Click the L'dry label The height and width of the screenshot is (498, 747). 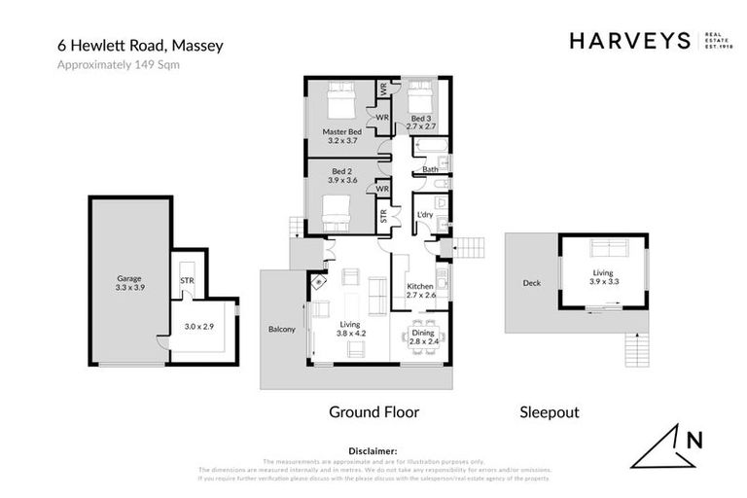[x=425, y=214]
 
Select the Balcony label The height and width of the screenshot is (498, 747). [x=281, y=330]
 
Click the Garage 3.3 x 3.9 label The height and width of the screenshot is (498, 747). [x=129, y=283]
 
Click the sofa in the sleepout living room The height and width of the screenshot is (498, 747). [x=603, y=249]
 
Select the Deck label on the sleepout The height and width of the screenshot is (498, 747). [x=531, y=284]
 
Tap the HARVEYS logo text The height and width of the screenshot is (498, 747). [x=629, y=40]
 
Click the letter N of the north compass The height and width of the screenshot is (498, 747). [x=694, y=440]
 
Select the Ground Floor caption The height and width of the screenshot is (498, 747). [x=373, y=412]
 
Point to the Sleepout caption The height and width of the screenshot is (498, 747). [x=551, y=412]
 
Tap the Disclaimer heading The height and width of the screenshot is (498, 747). [x=373, y=451]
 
